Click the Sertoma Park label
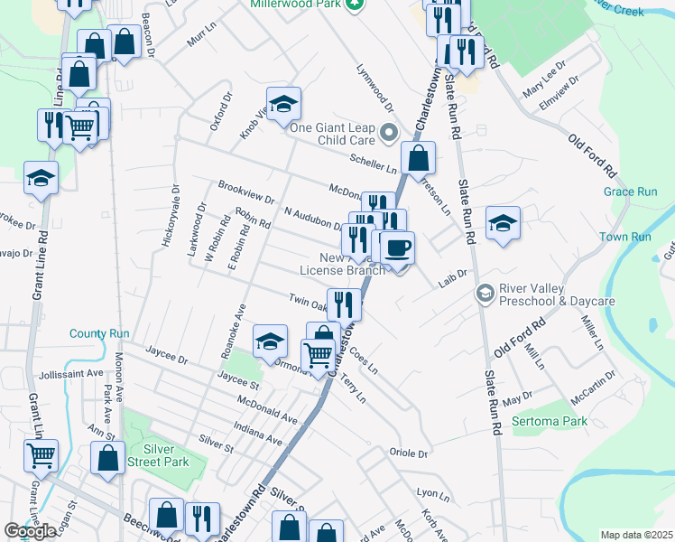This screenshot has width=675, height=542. [550, 421]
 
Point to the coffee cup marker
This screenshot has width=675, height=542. [396, 249]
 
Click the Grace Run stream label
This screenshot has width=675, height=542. [630, 192]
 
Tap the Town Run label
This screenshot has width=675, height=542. [625, 237]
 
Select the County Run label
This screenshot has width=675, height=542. [99, 333]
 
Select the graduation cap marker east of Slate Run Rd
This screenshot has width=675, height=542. [503, 225]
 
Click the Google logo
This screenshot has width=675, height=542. [30, 531]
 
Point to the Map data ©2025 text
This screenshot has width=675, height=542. [635, 535]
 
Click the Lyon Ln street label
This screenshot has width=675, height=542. [432, 494]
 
